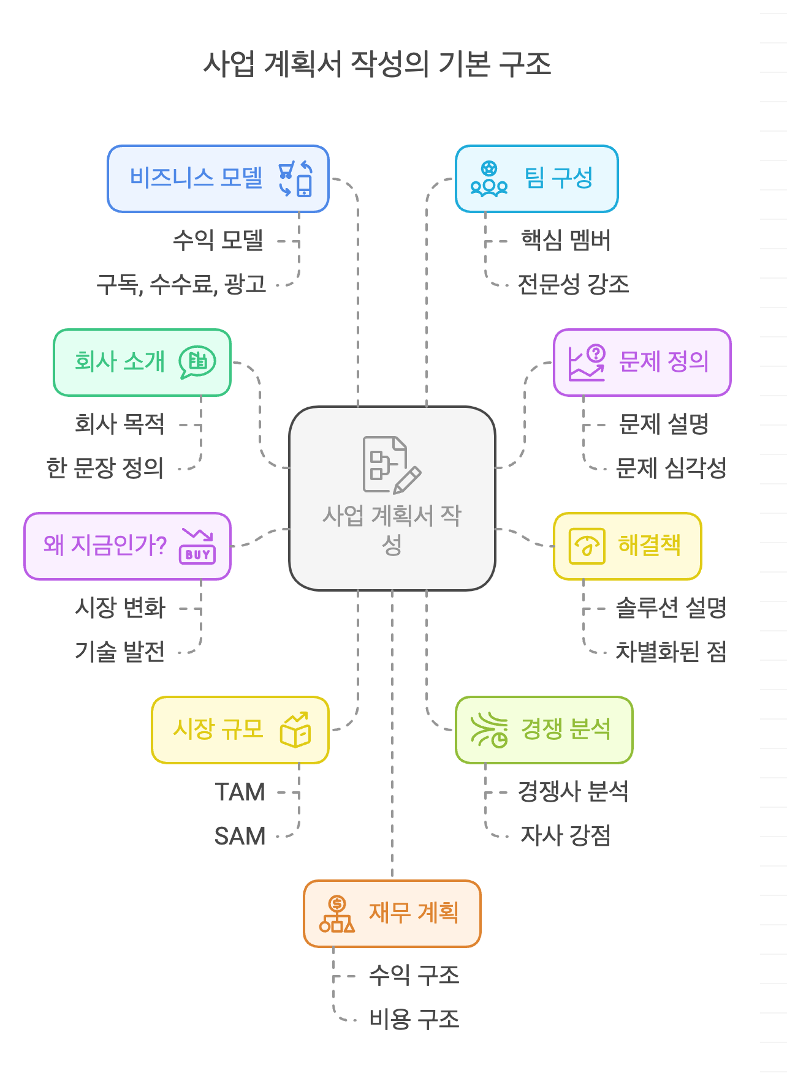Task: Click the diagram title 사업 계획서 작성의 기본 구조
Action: [377, 64]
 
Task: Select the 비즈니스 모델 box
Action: [218, 179]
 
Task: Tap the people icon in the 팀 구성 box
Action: [489, 179]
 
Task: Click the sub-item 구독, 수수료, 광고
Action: [181, 284]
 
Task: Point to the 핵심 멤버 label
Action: [565, 241]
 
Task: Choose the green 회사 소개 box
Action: [142, 363]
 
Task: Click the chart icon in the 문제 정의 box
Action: [587, 363]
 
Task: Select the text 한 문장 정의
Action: [105, 468]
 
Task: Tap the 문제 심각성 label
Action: [671, 468]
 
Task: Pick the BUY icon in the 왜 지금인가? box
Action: [197, 546]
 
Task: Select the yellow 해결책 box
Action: [627, 546]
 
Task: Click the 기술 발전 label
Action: [120, 652]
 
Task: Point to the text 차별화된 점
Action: [671, 652]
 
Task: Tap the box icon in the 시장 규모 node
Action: [295, 730]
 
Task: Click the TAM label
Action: [240, 792]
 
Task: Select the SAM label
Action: [240, 836]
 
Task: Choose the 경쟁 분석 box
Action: [544, 730]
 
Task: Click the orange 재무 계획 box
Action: [392, 914]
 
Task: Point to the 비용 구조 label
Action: [414, 1019]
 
